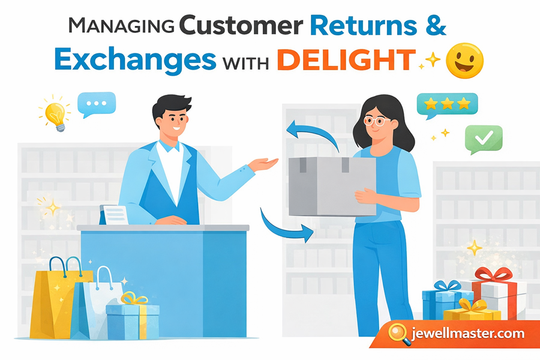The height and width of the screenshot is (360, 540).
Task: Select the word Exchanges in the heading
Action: click(x=136, y=60)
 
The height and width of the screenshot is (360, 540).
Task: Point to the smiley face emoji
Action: click(x=465, y=60)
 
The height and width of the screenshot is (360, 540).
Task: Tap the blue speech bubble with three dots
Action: click(x=96, y=103)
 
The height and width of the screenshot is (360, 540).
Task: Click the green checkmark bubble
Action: click(x=482, y=139)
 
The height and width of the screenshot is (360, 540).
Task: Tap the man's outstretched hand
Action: click(x=265, y=164)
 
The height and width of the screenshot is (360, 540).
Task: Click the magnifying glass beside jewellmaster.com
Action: click(x=398, y=332)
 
